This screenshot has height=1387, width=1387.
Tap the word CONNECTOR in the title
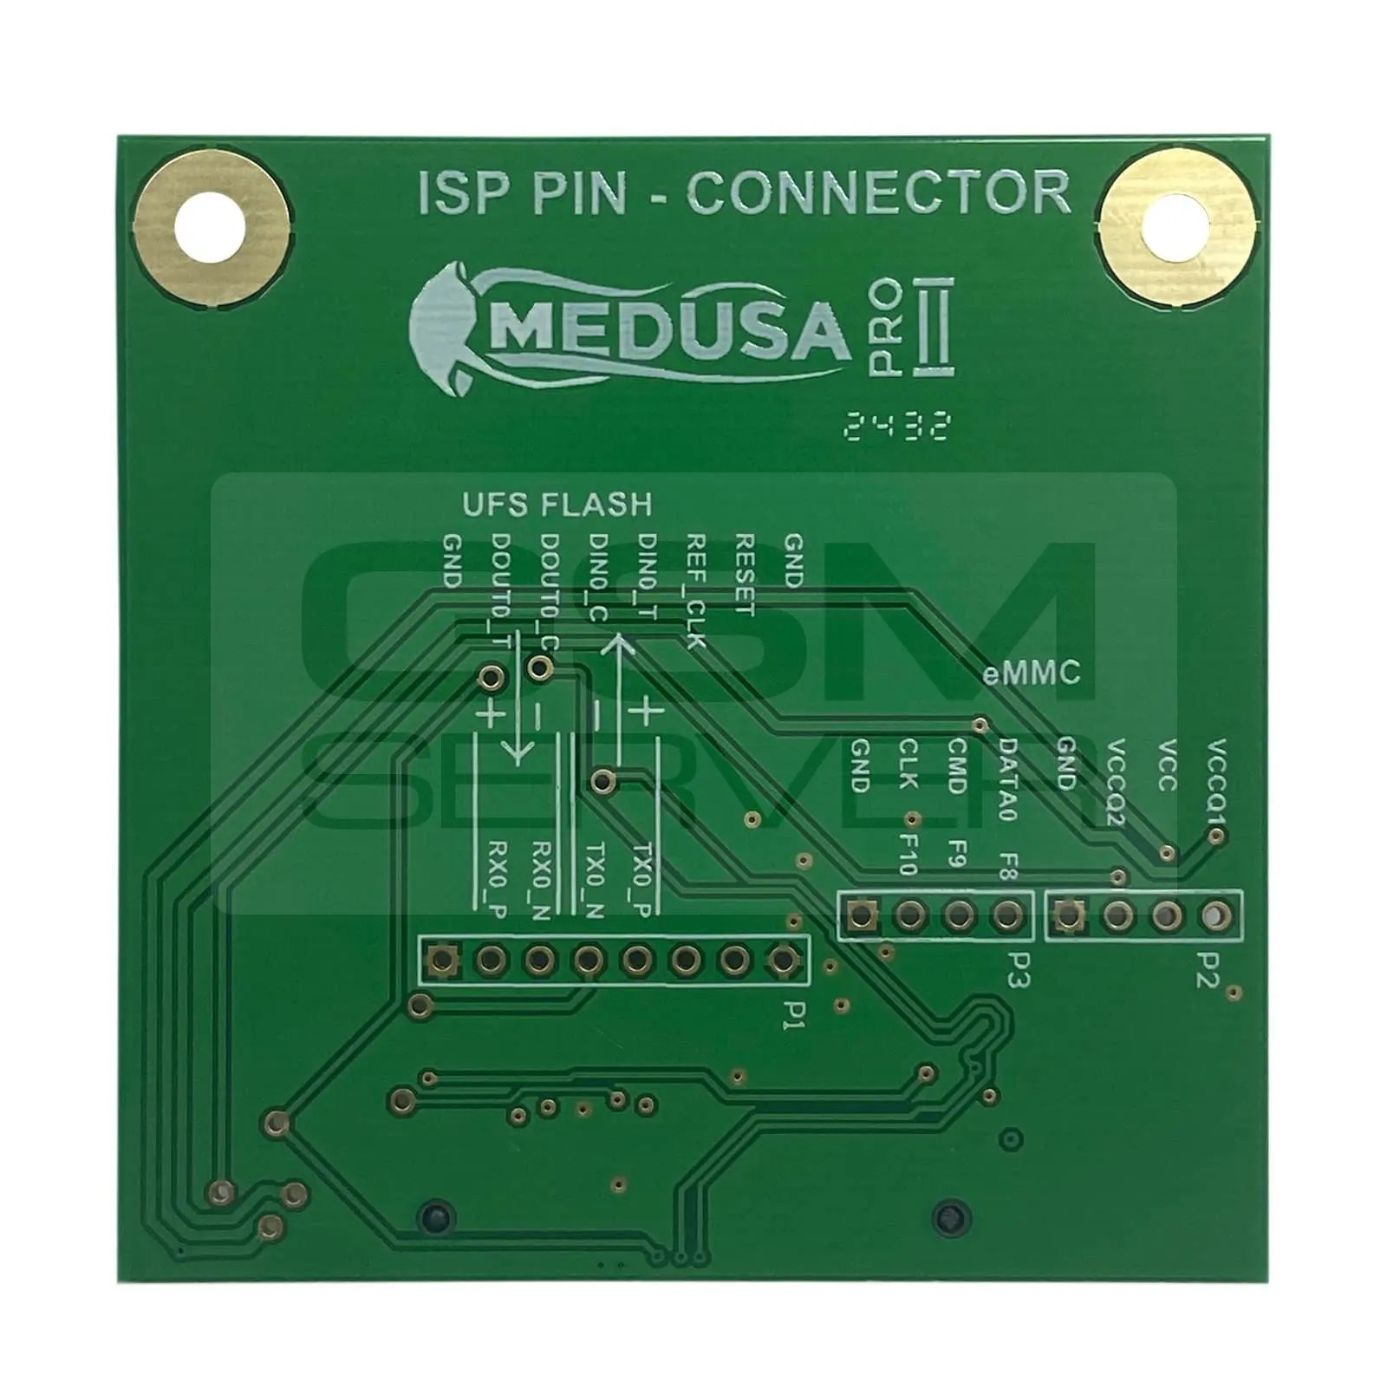coord(878,193)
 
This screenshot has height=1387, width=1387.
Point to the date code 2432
coord(898,426)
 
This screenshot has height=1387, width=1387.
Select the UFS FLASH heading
coord(557,505)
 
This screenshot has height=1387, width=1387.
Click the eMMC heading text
coord(1032,674)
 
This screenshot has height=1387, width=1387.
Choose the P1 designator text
coord(790,1011)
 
